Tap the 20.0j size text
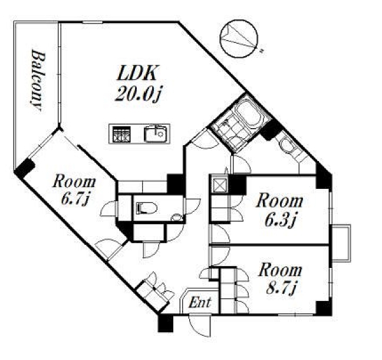(x=138, y=94)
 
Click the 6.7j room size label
(x=74, y=198)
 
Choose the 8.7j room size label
(x=281, y=288)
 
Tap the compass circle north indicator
(x=239, y=39)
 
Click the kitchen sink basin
(x=155, y=133)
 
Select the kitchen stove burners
(x=121, y=134)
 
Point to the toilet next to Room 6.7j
(x=146, y=208)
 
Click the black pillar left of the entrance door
(x=166, y=323)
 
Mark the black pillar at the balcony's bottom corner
(x=24, y=169)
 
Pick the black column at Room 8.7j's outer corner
(x=324, y=309)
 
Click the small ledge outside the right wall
(x=341, y=243)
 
